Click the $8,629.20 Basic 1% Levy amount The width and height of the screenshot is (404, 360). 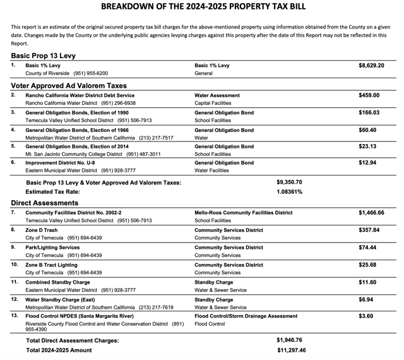point(371,66)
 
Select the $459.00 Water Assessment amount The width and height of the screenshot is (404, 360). point(369,95)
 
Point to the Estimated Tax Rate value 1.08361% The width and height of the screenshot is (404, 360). point(290,192)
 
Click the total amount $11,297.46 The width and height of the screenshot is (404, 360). point(291,350)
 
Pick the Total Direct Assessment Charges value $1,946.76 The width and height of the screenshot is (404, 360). point(290,340)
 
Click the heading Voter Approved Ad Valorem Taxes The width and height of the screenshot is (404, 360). point(69,85)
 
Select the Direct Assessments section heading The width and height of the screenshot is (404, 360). point(45,203)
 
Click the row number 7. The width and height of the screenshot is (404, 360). point(13,213)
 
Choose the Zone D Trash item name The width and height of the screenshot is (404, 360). point(42,231)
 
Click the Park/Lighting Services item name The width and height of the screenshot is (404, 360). point(52,248)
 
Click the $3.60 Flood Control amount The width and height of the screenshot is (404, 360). point(366,315)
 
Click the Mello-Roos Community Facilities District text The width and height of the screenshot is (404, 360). point(244,213)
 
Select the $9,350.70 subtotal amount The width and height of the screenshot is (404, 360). point(290,182)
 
